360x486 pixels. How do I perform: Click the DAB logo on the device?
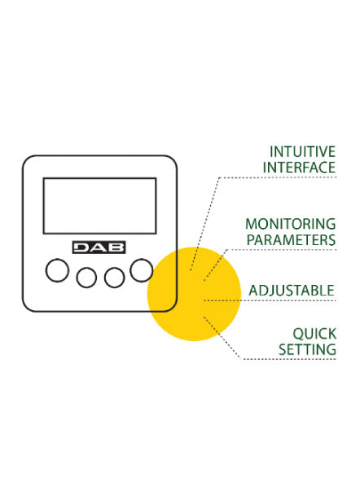(x=99, y=247)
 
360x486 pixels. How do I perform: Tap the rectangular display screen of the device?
(x=99, y=206)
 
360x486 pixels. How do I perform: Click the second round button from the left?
(x=86, y=278)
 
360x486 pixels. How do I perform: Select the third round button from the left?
(x=114, y=278)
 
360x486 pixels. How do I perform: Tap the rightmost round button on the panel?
(x=142, y=270)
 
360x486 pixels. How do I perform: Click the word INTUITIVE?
(x=302, y=152)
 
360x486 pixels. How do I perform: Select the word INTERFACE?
(x=299, y=168)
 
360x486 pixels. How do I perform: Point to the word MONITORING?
(x=291, y=224)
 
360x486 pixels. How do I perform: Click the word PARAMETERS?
(x=291, y=239)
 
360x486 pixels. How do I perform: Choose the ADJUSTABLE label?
(x=292, y=291)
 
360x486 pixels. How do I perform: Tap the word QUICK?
(x=314, y=334)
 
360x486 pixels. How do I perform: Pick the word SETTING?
(x=307, y=349)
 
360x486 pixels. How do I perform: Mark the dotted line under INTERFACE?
(x=278, y=177)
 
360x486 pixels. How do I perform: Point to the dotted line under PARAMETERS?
(x=282, y=249)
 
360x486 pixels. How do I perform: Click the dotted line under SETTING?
(x=289, y=359)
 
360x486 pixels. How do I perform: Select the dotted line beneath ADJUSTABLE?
(x=270, y=300)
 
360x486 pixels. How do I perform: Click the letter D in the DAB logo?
(x=82, y=247)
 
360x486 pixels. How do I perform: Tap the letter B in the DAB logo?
(x=116, y=247)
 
